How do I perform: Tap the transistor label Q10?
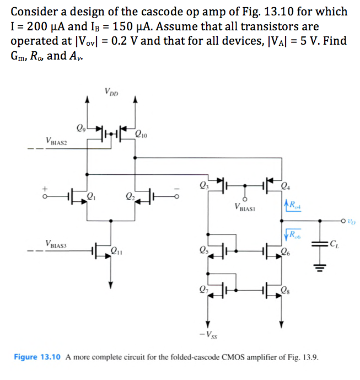click(x=142, y=132)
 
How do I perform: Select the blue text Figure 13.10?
click(x=37, y=357)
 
